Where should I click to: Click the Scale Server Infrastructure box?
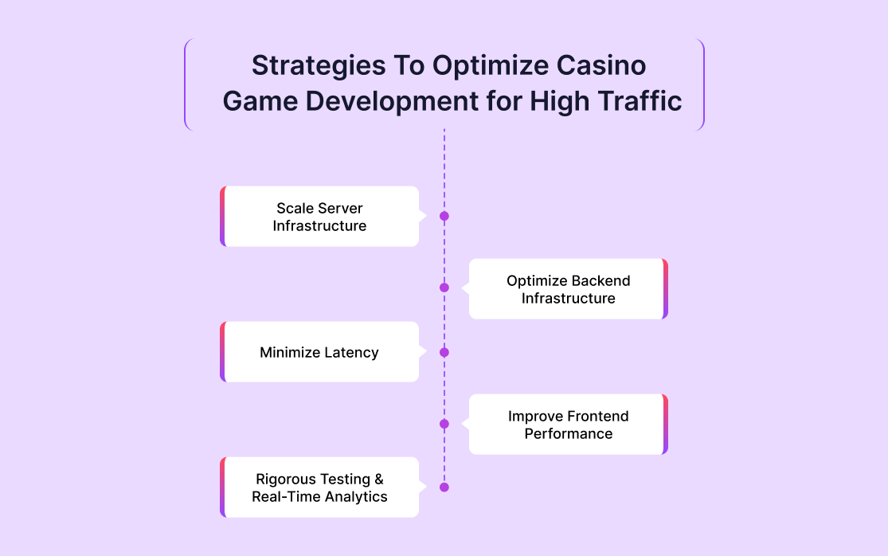[319, 217]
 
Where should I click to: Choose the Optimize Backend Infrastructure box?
[568, 289]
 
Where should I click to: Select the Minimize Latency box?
[319, 352]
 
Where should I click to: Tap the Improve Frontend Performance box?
[568, 425]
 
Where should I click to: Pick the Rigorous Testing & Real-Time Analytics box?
[319, 487]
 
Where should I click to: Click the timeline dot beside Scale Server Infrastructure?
[444, 216]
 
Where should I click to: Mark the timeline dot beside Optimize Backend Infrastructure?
[444, 288]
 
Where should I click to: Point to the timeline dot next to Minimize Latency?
[444, 352]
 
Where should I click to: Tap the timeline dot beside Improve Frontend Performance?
[444, 424]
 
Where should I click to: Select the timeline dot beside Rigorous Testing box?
[444, 487]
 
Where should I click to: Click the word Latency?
[351, 352]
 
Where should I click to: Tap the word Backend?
[601, 280]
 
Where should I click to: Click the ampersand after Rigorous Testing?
[378, 479]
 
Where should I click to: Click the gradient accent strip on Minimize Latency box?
[223, 352]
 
